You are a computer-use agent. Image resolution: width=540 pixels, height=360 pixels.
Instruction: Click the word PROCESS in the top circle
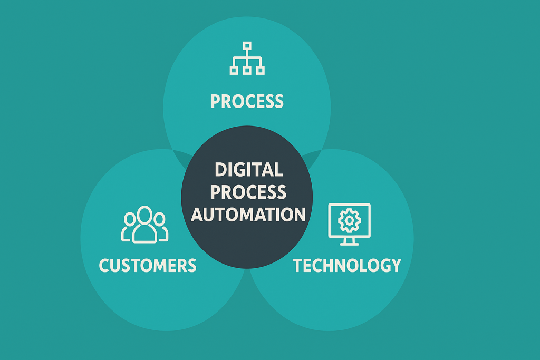(x=247, y=101)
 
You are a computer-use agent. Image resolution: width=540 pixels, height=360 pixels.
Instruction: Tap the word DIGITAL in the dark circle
(x=248, y=169)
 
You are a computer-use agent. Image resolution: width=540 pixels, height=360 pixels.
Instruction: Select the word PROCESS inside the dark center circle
(x=248, y=192)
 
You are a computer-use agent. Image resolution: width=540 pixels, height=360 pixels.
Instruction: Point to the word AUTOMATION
(x=248, y=215)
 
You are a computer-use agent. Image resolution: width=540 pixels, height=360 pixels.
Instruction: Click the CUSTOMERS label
(x=148, y=265)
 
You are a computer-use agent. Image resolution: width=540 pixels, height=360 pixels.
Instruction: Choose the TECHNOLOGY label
(x=347, y=265)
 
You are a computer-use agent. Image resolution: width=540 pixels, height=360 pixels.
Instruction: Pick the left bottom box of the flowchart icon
(x=234, y=69)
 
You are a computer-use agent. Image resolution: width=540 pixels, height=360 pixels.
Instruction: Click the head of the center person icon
(x=144, y=213)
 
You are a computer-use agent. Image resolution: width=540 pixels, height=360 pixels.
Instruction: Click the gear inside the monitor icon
(x=349, y=220)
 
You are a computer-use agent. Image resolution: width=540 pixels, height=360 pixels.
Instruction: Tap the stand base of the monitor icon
(x=349, y=243)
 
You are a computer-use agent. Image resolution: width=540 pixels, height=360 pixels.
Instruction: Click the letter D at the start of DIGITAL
(x=220, y=169)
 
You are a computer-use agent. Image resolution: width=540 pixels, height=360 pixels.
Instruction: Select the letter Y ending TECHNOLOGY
(x=395, y=265)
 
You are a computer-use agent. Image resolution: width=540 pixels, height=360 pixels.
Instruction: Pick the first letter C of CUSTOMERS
(x=105, y=265)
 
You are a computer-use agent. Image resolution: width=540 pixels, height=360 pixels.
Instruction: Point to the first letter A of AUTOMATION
(x=198, y=215)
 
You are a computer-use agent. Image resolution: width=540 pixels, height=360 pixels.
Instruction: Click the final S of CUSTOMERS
(x=191, y=265)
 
